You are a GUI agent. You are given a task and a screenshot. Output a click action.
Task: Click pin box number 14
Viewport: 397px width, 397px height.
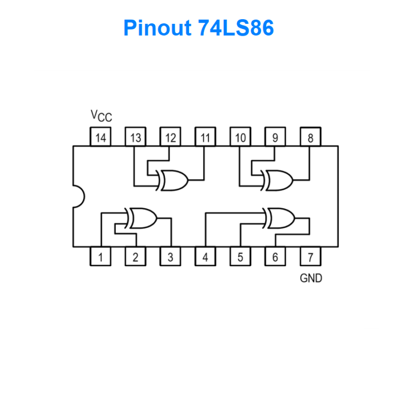pos(101,138)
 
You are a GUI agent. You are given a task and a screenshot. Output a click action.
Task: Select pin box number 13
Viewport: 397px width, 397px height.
pos(135,138)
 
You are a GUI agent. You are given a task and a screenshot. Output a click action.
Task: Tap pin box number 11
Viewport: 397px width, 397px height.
pos(205,138)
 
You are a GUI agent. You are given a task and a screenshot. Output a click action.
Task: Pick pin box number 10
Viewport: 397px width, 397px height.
pos(240,138)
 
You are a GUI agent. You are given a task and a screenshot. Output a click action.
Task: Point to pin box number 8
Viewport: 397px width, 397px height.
pos(310,138)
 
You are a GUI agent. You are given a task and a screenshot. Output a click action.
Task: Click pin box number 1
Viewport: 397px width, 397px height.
pos(101,257)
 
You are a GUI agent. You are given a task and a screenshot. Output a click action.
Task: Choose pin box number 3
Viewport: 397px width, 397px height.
pos(171,257)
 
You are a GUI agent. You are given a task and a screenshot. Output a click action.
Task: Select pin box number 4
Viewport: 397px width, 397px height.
pos(205,257)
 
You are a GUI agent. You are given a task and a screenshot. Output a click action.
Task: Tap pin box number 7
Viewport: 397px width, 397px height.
pos(310,257)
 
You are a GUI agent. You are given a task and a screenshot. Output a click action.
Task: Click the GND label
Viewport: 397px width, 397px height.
pos(311,278)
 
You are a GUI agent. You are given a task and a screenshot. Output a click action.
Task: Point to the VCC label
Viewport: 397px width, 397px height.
pos(101,116)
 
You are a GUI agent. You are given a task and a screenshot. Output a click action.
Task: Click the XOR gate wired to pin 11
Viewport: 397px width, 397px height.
pos(174,180)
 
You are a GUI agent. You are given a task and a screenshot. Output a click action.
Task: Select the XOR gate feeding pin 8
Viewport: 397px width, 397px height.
pos(278,180)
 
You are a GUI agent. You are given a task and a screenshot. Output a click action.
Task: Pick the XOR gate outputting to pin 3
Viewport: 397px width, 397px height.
pos(142,218)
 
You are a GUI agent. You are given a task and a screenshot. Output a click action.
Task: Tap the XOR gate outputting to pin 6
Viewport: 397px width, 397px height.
pos(280,218)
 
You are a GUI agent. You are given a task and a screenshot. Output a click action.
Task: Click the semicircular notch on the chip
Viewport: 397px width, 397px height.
pos(79,196)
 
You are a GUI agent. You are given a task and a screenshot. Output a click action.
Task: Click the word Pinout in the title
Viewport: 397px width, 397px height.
pos(157,28)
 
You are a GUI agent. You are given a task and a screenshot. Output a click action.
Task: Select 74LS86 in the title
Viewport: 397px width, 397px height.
pos(235,28)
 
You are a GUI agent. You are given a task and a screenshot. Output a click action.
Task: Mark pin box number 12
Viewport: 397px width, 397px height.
pos(171,138)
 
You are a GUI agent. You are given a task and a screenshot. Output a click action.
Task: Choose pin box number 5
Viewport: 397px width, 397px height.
pos(240,257)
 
